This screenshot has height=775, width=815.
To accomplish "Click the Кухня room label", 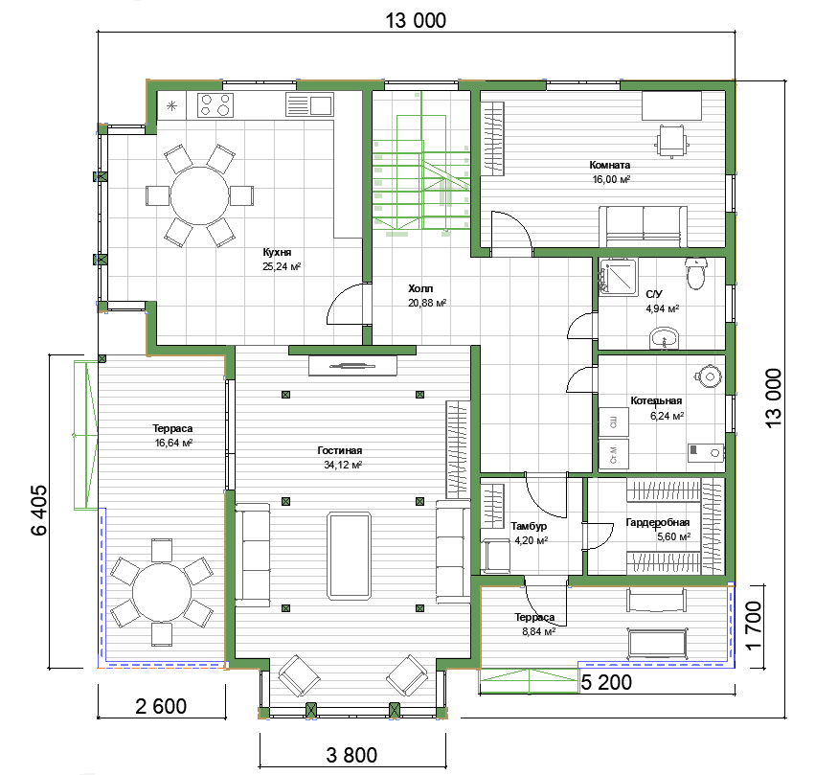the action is tap(277, 252).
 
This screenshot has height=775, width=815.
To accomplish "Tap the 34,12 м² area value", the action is tap(343, 465).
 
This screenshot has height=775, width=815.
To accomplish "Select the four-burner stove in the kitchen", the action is tap(215, 104).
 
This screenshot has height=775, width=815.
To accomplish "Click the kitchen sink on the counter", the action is tap(309, 104).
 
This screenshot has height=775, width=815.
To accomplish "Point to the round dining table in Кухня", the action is tap(199, 195).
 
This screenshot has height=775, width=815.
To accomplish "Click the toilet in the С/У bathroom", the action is tap(695, 273).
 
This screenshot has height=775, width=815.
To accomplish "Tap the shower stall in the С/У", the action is tap(618, 277).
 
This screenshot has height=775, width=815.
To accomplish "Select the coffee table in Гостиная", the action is tap(350, 555).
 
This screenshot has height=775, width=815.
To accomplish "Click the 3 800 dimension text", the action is tap(351, 755).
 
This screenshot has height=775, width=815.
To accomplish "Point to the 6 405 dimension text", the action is tap(39, 510).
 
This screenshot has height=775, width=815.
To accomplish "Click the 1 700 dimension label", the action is tap(753, 626).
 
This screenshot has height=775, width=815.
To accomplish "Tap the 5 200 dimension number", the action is tap(606, 682).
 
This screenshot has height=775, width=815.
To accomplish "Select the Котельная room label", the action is tap(656, 400).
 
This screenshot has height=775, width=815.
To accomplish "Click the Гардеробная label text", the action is tap(658, 522).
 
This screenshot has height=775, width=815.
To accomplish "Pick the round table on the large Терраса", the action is tap(162, 593).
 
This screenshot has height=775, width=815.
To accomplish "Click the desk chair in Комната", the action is tap(672, 140).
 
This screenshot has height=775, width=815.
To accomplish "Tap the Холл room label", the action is tap(420, 288).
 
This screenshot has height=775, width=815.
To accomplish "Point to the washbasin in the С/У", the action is tap(664, 339).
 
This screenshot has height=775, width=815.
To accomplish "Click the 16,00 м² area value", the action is tap(611, 179).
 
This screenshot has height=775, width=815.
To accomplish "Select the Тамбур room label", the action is tap(529, 526).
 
